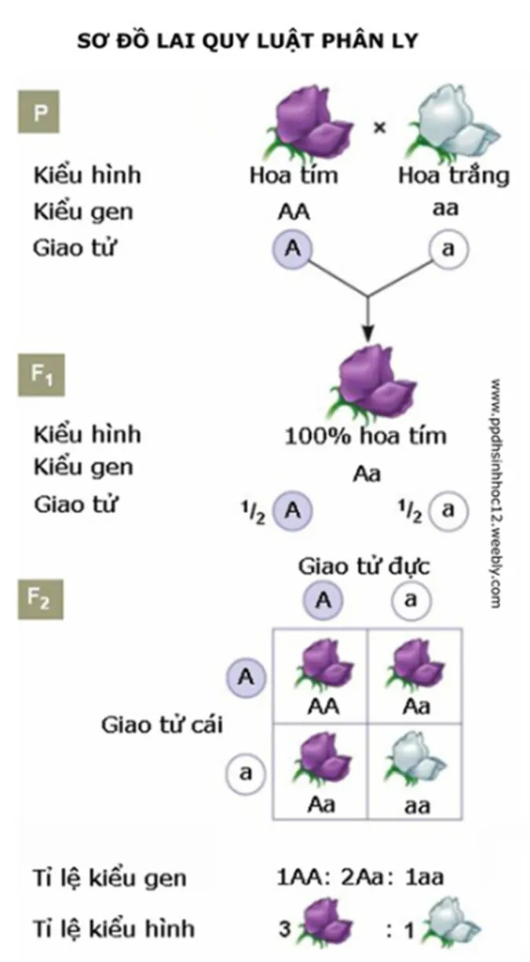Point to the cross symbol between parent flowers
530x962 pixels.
pos(379,126)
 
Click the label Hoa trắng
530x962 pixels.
pos(452,174)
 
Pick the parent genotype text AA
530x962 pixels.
pos(294,212)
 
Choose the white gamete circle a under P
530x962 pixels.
pos(448,250)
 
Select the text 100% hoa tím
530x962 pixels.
pos(366,435)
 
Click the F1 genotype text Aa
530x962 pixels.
pos(366,474)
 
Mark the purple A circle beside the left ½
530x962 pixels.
pos(293,510)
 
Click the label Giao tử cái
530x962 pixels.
pos(162,724)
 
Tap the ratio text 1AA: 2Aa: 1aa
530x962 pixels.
pos(360,876)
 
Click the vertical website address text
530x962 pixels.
pos(495,494)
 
